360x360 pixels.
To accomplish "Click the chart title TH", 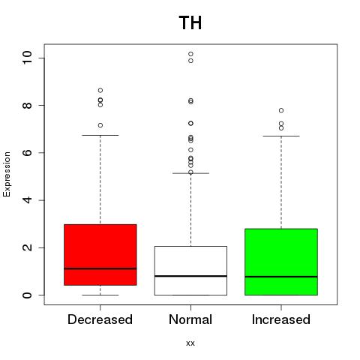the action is pos(190,23).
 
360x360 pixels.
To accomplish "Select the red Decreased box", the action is pos(100,255).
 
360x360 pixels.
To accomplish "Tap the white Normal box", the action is pos(190,271).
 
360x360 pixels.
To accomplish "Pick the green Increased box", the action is pos(281,262).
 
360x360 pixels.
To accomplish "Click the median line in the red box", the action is pos(100,268).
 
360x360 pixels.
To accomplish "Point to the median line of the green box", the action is pos(281,277).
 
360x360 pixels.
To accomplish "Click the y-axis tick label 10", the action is pos(27,58).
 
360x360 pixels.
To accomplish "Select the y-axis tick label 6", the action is pos(27,152).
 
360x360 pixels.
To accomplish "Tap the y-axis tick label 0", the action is pos(27,295).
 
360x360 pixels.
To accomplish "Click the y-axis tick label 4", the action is pos(27,200).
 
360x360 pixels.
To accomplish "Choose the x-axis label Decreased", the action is pos(100,319).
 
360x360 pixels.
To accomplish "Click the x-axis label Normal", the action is pos(190,319).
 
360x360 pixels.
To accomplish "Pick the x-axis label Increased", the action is pos(281,319).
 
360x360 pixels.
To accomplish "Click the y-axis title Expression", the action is pos(7,174).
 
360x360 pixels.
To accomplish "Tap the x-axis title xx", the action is pos(190,343).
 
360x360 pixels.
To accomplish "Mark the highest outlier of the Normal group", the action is pos(190,54).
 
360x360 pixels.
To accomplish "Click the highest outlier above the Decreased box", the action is pos(100,90).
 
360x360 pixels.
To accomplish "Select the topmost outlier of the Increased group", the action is pos(281,110).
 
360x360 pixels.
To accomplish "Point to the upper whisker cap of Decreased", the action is pos(100,135).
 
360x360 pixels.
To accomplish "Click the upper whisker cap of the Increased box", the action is pos(281,136).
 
